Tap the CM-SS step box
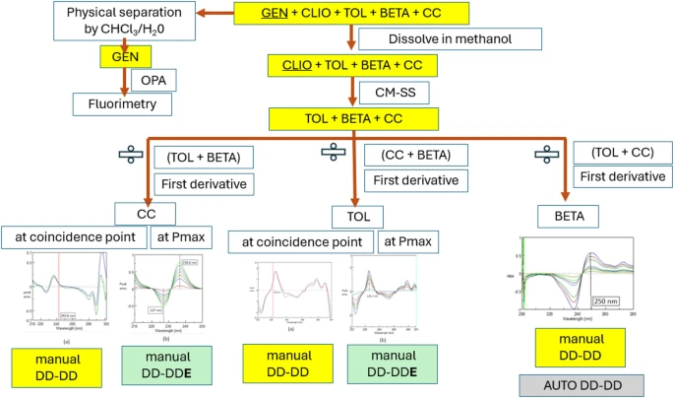click(x=394, y=93)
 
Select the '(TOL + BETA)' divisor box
click(x=203, y=156)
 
